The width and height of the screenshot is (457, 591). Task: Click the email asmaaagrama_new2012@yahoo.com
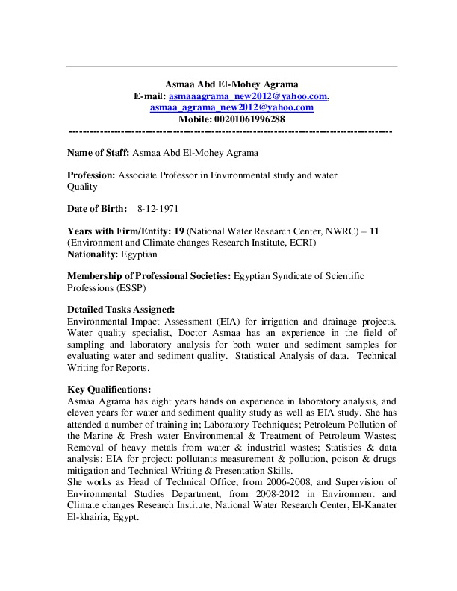(248, 96)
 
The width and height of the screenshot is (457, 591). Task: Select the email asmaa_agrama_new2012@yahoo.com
(231, 107)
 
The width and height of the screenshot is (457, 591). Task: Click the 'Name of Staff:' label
(98, 153)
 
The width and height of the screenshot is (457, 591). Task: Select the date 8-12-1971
(158, 208)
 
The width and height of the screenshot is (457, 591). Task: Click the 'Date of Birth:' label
(97, 208)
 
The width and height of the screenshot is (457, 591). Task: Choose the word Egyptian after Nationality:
(134, 254)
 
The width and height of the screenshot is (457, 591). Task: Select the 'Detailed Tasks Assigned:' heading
(121, 310)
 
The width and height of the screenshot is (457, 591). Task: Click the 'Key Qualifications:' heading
(109, 389)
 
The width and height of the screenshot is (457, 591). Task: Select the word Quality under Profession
(83, 187)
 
